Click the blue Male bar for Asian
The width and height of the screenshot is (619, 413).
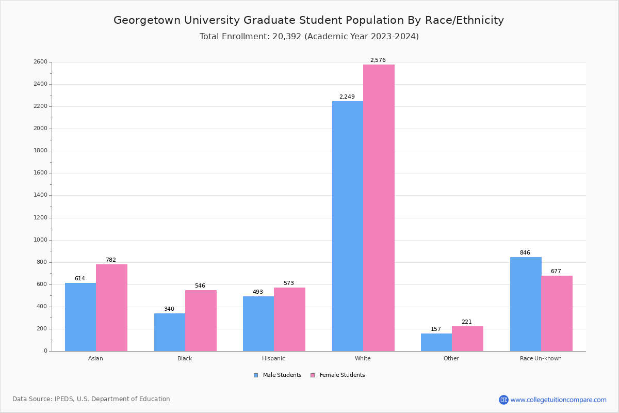[80, 317]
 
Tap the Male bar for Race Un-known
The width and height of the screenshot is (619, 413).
[526, 304]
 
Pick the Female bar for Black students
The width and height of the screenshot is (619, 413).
[201, 321]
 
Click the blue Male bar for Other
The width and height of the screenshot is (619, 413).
[436, 342]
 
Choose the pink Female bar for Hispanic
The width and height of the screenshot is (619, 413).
[289, 319]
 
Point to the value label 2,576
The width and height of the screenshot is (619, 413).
[378, 60]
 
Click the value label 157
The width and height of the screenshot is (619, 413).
[436, 329]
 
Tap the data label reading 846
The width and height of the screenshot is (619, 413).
[525, 253]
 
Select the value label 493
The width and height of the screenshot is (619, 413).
[257, 292]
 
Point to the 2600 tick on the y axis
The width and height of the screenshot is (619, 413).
[40, 62]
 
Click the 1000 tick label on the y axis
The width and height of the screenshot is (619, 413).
[40, 240]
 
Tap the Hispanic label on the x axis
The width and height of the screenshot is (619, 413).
[273, 358]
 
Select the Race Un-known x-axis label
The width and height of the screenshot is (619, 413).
[541, 358]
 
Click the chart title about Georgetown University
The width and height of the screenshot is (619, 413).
[308, 20]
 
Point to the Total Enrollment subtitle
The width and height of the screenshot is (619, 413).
[309, 37]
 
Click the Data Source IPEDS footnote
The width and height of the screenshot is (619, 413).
[91, 399]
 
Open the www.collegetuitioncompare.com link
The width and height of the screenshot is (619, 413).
[558, 400]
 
